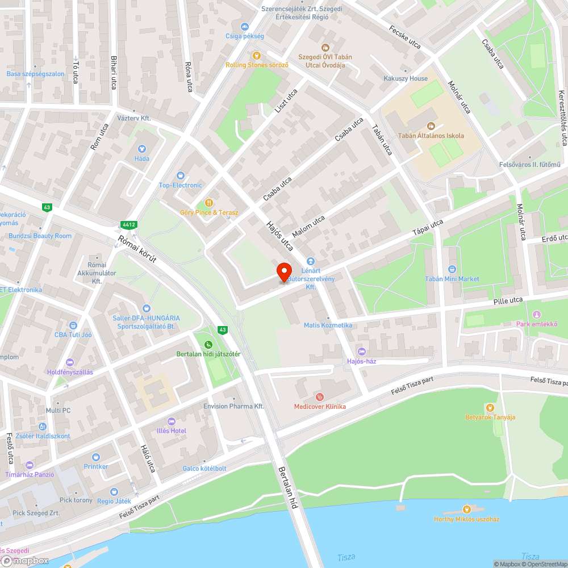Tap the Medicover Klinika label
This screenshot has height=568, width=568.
pyautogui.click(x=320, y=406)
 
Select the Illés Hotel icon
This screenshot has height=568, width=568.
pyautogui.click(x=172, y=421)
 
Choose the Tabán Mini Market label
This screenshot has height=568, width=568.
pyautogui.click(x=452, y=279)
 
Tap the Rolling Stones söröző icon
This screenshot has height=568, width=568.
pyautogui.click(x=257, y=56)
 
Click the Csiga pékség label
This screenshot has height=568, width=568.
pyautogui.click(x=245, y=36)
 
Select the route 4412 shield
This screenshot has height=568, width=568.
pyautogui.click(x=128, y=224)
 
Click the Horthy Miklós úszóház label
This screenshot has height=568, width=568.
pyautogui.click(x=466, y=519)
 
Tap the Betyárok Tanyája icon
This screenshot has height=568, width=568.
pyautogui.click(x=490, y=407)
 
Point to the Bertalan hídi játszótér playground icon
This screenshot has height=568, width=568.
pyautogui.click(x=208, y=344)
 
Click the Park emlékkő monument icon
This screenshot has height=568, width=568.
pyautogui.click(x=537, y=315)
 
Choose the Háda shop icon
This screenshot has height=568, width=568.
pyautogui.click(x=141, y=149)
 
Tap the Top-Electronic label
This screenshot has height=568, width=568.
pyautogui.click(x=180, y=185)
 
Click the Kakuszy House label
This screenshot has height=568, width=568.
pyautogui.click(x=406, y=78)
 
